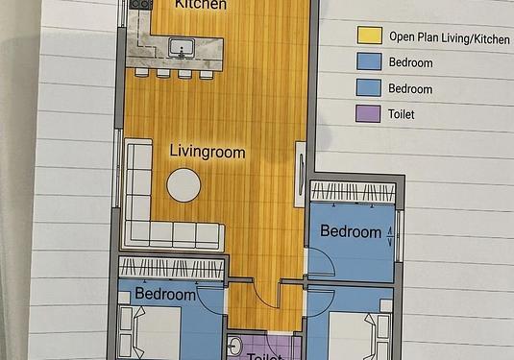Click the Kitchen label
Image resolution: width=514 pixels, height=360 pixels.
coord(200,5)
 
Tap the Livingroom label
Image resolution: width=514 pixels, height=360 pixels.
coord(208,153)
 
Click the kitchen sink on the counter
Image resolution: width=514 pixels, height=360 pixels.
coord(182,48)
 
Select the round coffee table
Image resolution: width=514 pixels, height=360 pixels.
coord(184,185)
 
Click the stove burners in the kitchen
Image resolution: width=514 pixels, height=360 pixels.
coord(141,4)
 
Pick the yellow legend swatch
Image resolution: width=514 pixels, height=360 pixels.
coord(370,36)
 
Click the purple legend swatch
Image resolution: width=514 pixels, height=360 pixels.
coord(368,113)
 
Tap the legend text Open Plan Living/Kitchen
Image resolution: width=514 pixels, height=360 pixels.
coord(450,38)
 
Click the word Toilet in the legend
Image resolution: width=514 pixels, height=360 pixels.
coord(402,114)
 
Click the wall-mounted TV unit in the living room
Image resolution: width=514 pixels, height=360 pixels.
coord(300,175)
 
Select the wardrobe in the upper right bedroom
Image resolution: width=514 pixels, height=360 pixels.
coord(353,191)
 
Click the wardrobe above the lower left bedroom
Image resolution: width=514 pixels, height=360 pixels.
coord(171,268)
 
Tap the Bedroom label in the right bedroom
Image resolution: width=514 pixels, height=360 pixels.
coord(351,231)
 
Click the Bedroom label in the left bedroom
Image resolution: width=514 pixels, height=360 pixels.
coord(165,294)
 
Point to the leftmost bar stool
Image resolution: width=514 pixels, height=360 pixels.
coord(142,72)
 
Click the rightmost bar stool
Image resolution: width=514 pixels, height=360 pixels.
coord(207,74)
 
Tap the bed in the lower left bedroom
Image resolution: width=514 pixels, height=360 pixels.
coord(150,332)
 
